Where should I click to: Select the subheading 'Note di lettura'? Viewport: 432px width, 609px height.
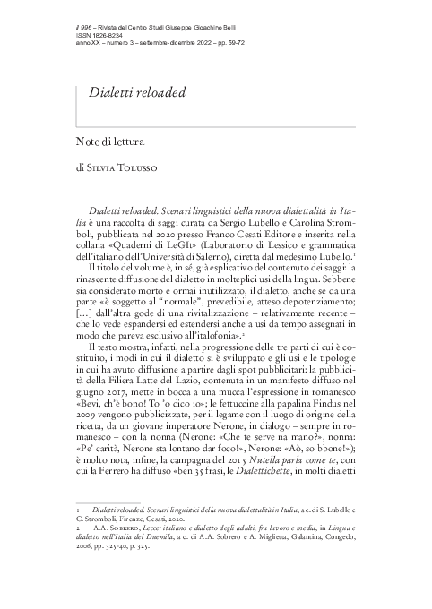point(113,141)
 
